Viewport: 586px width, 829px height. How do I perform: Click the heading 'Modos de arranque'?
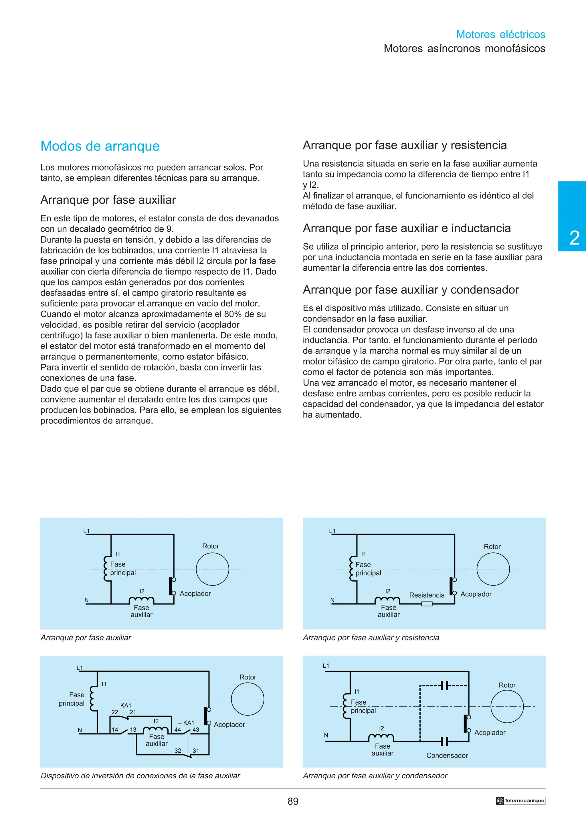click(x=100, y=146)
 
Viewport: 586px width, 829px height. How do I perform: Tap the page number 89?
click(x=293, y=801)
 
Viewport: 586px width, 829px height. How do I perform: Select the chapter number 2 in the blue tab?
click(x=574, y=238)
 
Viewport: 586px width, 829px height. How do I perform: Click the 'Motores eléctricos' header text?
click(x=500, y=34)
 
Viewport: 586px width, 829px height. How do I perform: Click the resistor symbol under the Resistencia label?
click(x=427, y=604)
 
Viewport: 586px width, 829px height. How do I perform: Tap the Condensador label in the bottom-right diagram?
click(x=447, y=755)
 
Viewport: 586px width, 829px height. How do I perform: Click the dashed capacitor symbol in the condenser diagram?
click(x=444, y=685)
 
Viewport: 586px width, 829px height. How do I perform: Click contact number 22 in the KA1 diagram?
click(x=115, y=712)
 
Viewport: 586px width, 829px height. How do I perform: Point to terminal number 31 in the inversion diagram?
click(x=196, y=750)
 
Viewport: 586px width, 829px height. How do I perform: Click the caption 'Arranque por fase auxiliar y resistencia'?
click(x=371, y=638)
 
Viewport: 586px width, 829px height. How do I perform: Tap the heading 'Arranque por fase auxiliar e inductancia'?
click(x=407, y=228)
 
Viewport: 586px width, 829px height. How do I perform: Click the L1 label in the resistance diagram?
click(x=332, y=531)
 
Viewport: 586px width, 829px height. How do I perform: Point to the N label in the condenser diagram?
click(x=326, y=735)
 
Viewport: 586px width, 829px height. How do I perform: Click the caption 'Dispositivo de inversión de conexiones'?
click(x=140, y=776)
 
